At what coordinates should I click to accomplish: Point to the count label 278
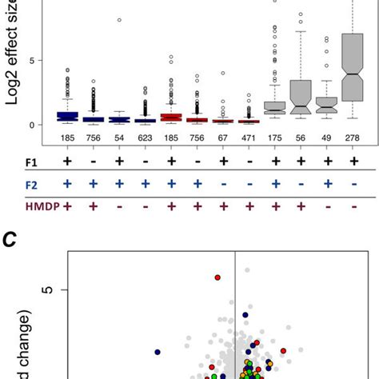click(353, 140)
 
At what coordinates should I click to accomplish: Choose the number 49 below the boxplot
click(326, 140)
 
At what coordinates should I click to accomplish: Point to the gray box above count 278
click(353, 67)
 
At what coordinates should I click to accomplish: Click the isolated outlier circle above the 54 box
click(120, 19)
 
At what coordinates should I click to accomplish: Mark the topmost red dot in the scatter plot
click(217, 277)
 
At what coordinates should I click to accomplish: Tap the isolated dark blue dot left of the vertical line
click(158, 351)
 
